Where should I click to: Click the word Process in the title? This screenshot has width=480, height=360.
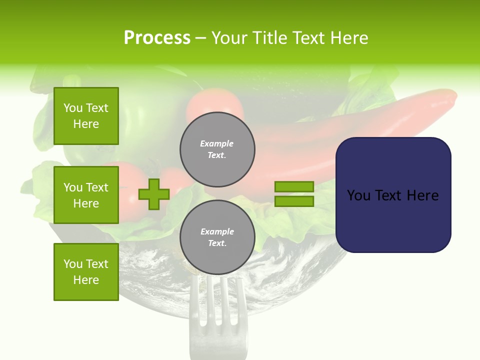(157, 38)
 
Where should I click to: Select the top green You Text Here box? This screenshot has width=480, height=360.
(86, 116)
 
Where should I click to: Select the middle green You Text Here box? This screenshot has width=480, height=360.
(86, 195)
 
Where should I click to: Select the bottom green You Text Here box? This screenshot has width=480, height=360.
(86, 272)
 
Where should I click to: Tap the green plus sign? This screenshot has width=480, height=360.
(153, 194)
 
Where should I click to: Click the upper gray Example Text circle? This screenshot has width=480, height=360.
(217, 149)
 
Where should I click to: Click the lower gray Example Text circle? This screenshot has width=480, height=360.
(217, 237)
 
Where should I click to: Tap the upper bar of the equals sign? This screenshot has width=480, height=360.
(294, 186)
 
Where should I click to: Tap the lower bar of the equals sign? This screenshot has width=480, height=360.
(294, 201)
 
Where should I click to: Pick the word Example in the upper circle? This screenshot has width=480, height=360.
(217, 143)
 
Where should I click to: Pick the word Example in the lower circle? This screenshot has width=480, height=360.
(217, 231)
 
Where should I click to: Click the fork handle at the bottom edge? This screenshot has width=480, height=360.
(218, 350)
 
